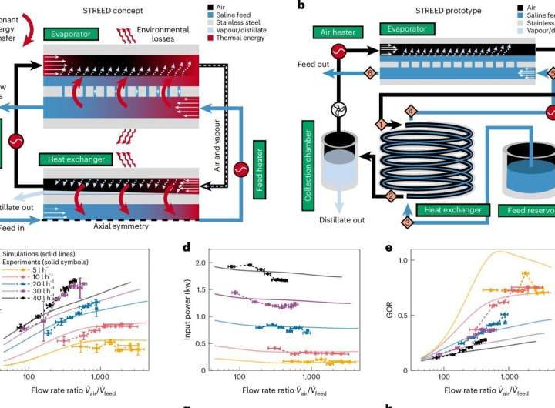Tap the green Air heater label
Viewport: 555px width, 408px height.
[x=338, y=32]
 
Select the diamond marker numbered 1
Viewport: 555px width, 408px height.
[x=379, y=123]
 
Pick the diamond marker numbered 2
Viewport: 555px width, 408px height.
[x=390, y=196]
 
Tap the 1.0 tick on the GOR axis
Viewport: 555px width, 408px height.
[x=405, y=260]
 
